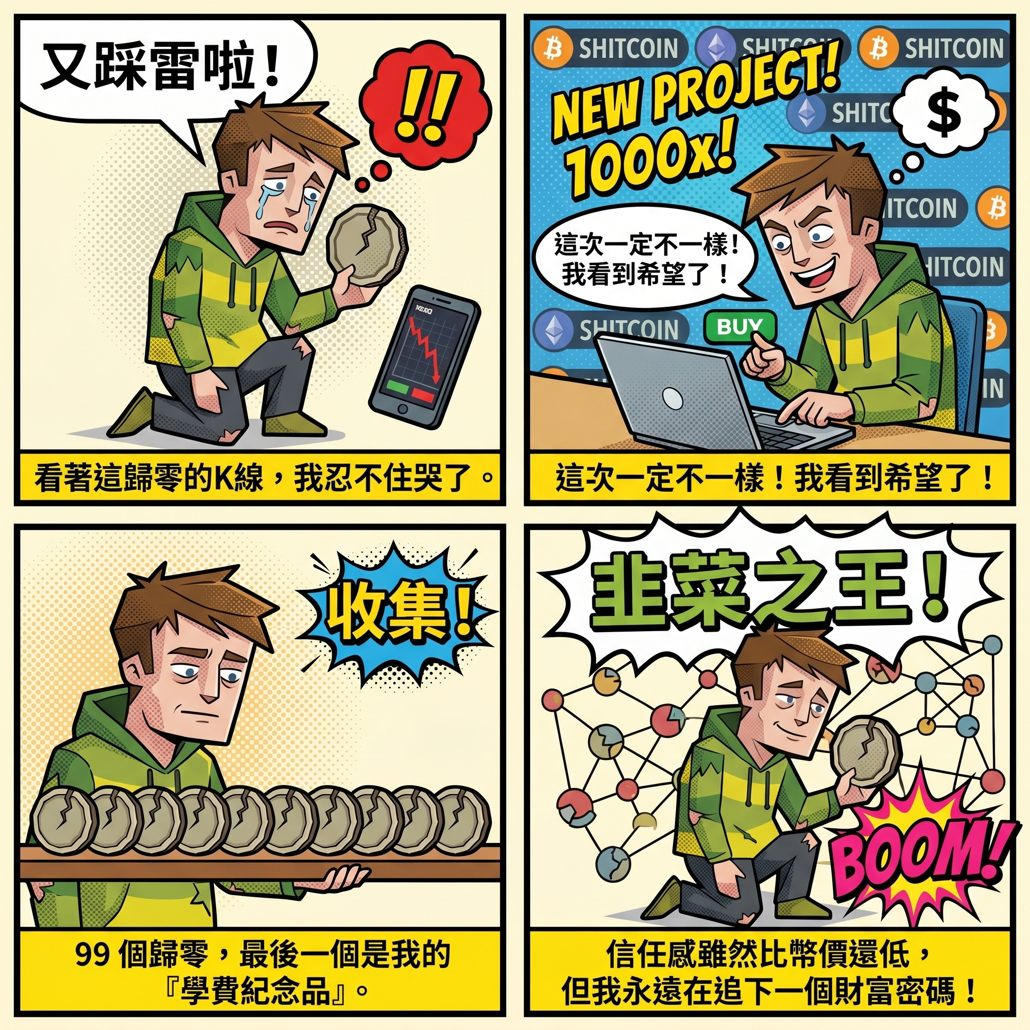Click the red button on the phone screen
(x=423, y=394)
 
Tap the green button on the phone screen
(x=397, y=385)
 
